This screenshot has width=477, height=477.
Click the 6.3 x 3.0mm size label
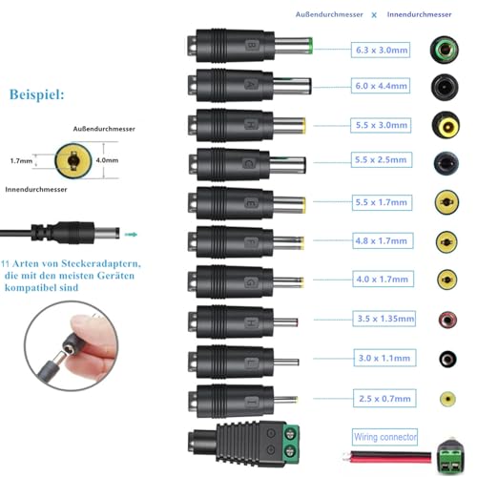coord(379,48)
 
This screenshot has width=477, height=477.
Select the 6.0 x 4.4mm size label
coord(379,86)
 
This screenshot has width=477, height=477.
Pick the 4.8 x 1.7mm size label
coord(379,241)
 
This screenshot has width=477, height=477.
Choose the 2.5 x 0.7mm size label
coord(379,397)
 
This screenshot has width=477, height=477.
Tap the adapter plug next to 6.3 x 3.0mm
coord(248,46)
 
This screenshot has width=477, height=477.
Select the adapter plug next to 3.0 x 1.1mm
coord(243,361)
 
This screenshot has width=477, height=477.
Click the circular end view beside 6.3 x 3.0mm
coord(444,48)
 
